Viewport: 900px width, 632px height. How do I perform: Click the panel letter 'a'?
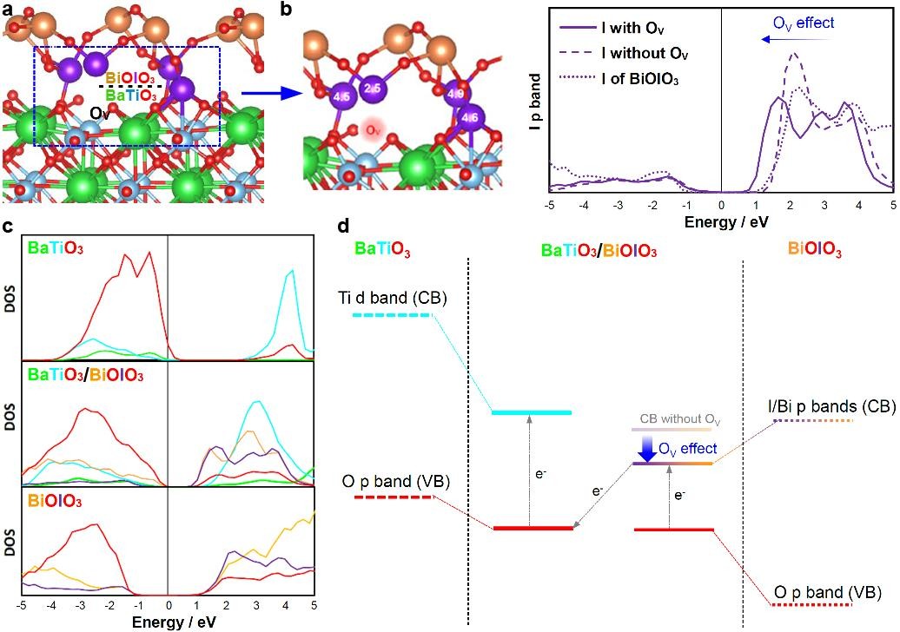8,10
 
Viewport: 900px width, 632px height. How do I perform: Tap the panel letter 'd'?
344,227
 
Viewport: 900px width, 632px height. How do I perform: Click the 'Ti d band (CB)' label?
393,299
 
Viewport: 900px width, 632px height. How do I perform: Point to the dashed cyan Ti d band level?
392,314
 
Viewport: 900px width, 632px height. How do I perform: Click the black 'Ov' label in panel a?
99,114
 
